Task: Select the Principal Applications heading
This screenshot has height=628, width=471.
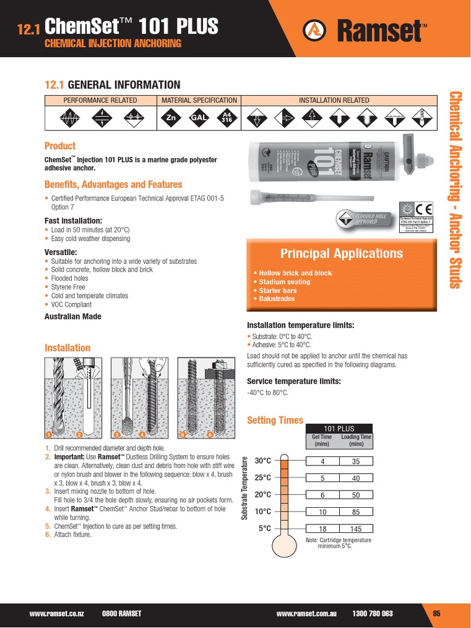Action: (342, 253)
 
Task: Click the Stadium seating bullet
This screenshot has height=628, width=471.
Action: (281, 282)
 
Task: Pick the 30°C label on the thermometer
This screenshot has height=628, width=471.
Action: (262, 461)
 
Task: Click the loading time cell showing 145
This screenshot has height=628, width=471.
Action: (356, 529)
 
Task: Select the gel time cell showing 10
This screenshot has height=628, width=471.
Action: (322, 511)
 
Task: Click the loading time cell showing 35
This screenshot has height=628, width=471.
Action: (356, 461)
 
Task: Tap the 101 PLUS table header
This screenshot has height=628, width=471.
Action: (339, 429)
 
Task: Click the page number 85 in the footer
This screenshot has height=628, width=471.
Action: (437, 613)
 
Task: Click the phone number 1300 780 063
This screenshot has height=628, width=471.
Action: (373, 613)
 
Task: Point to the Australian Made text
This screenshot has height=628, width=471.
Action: (73, 316)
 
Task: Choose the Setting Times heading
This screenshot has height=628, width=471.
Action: (275, 420)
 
